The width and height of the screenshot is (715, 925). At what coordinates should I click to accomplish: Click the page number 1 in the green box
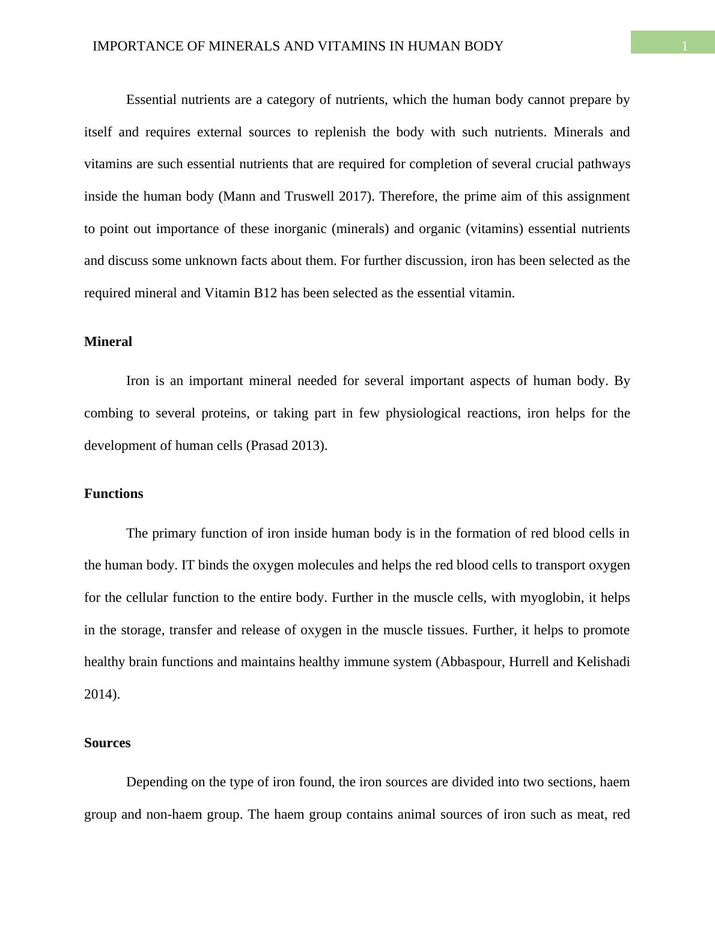pyautogui.click(x=684, y=46)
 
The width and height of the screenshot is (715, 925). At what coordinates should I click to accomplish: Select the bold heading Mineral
pyautogui.click(x=108, y=342)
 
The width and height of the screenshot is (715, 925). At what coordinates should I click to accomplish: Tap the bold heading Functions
pyautogui.click(x=114, y=494)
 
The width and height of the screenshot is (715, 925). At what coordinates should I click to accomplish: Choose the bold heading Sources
pyautogui.click(x=107, y=743)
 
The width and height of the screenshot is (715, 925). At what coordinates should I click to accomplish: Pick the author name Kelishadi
pyautogui.click(x=603, y=662)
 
